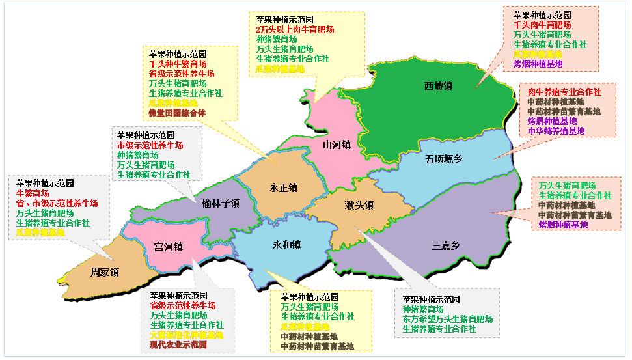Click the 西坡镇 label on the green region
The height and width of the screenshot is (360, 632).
point(438,86)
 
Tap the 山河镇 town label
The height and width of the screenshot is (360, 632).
point(337,145)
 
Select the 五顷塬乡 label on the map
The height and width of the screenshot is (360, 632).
point(444,159)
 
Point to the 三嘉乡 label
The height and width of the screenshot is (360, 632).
point(446,245)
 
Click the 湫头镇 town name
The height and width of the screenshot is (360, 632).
point(359,205)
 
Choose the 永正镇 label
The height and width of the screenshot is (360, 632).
point(283,187)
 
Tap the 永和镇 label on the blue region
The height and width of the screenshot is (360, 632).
point(287,245)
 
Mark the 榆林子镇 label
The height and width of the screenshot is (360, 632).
point(221,203)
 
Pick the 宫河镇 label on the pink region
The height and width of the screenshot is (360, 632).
point(168,247)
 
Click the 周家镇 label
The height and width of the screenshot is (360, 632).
point(104,272)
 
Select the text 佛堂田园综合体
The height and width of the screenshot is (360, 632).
point(177,113)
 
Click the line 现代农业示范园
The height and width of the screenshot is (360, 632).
point(178,344)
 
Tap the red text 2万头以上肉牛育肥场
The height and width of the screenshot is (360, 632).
point(295,29)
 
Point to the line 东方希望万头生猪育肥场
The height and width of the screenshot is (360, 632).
point(448,320)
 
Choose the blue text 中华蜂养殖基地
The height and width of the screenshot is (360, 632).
point(556,131)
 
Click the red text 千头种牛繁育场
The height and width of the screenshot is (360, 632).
point(178,64)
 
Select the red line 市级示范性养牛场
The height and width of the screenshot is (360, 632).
point(150,145)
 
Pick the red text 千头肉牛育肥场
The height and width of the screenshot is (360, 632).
point(542,24)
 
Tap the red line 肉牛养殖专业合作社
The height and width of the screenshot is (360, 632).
point(564,92)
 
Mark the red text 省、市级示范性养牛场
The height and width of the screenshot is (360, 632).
point(57,203)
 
